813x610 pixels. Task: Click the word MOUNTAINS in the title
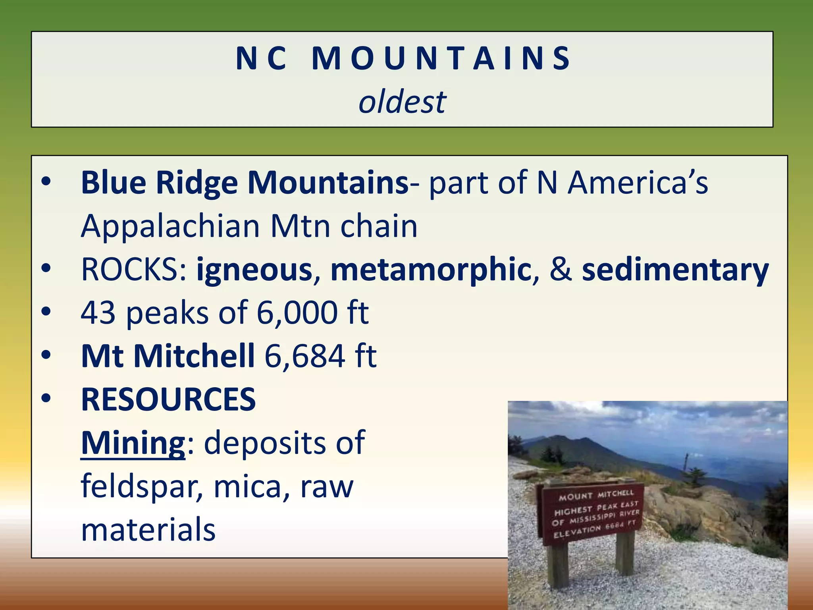441,59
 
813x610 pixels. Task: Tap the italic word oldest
402,102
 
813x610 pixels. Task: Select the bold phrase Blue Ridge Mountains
245,183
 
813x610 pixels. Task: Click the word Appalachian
170,226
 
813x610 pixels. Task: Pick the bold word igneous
254,270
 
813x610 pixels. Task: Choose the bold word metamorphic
430,270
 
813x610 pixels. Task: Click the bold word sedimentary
675,270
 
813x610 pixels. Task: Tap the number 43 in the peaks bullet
98,313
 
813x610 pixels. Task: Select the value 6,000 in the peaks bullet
297,313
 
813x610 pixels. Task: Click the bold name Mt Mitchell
168,356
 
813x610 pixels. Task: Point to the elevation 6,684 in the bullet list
305,356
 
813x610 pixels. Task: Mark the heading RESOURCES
168,400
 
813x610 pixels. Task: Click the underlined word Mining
133,443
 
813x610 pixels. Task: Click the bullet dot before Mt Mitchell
46,354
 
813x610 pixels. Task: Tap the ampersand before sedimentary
561,270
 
